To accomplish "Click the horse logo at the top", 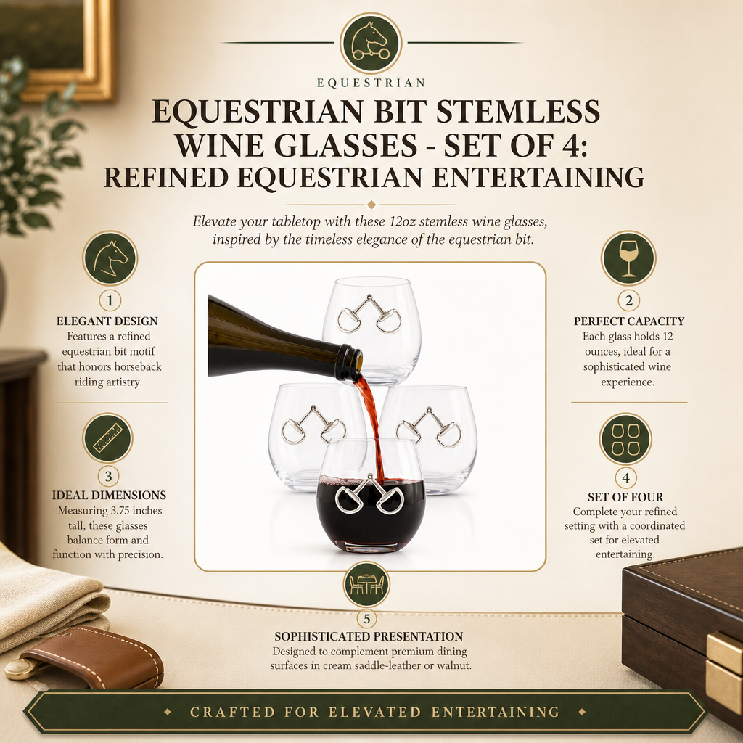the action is click(371, 43).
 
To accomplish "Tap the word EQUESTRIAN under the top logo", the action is click(371, 83).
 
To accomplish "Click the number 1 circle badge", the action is click(110, 300).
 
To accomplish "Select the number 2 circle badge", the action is click(629, 300).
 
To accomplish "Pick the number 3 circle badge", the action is click(109, 476).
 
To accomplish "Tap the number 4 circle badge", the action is click(626, 477).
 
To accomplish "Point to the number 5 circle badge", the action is click(366, 618).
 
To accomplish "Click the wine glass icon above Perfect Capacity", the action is click(628, 258).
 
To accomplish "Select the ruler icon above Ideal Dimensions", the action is click(107, 438).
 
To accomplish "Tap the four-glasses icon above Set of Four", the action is click(625, 439).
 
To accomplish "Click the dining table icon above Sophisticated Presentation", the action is click(366, 584).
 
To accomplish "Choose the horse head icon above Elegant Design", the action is click(110, 258).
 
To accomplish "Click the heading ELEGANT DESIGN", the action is click(107, 321).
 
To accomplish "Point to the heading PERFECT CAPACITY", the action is click(629, 321).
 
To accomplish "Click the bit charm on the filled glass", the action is click(369, 494).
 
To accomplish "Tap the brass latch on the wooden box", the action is click(724, 668).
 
